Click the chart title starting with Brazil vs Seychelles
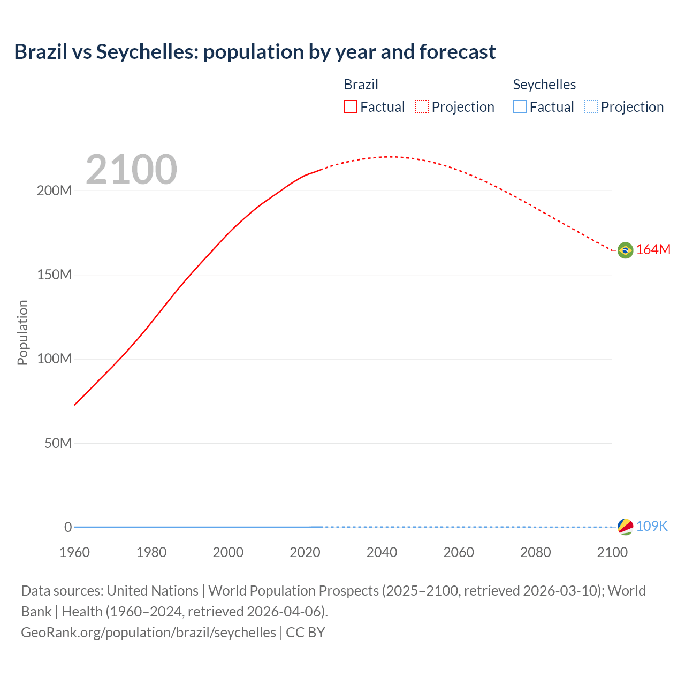coord(255,52)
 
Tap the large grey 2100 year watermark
coord(131,170)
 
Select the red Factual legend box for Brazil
coord(351,107)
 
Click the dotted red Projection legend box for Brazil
coord(422,107)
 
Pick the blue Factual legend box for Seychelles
coord(520,107)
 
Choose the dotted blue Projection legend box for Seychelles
coord(591,107)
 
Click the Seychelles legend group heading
coord(544,85)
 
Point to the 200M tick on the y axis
coord(54,191)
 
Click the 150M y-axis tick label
coord(54,275)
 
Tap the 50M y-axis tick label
coord(58,443)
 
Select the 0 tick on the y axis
coord(68,527)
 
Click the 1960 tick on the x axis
coord(74,552)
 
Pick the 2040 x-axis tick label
coord(382,552)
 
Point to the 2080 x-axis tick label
coord(535,552)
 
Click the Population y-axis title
coord(22,332)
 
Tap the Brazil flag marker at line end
coord(625,250)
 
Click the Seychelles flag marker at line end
coord(625,527)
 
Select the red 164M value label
coord(653,250)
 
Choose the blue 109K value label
coord(652,527)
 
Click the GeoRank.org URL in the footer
coord(148,633)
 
